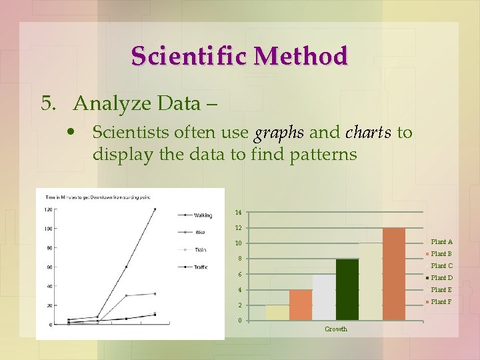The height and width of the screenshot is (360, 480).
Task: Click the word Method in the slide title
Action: (x=306, y=56)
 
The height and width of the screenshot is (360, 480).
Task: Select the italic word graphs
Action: (x=279, y=133)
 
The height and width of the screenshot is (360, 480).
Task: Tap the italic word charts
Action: (x=369, y=133)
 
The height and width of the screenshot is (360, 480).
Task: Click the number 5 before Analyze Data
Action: (x=47, y=103)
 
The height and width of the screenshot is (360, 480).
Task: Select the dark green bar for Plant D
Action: (x=347, y=289)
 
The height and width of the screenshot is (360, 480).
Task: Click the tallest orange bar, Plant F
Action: (x=394, y=274)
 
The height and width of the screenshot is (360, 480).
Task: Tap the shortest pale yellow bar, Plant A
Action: (x=277, y=313)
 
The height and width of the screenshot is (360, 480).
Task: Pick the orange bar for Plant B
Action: (x=300, y=305)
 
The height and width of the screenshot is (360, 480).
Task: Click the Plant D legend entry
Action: (x=441, y=278)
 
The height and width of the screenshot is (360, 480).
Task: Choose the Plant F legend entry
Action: (x=441, y=302)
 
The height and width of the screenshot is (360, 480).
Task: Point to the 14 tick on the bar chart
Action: (x=238, y=213)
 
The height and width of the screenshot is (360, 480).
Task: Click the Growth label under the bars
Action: (x=336, y=329)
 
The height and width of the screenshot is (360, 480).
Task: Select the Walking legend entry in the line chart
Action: (x=202, y=215)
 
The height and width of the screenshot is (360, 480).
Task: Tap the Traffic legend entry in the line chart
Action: (x=201, y=267)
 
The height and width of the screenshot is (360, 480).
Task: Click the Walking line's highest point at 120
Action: (x=155, y=209)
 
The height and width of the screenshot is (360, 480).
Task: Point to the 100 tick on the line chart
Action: (x=48, y=229)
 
